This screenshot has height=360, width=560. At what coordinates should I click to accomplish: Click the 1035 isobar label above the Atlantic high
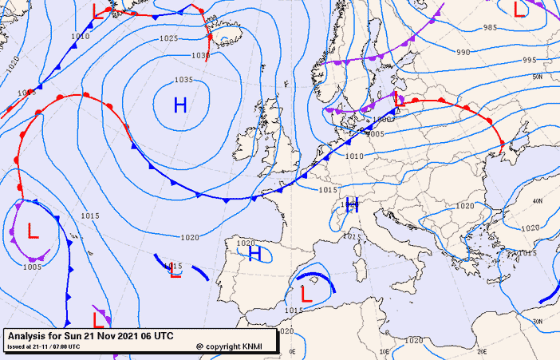pos(183,80)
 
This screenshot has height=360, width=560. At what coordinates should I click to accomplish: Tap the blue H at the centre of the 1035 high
pos(180,104)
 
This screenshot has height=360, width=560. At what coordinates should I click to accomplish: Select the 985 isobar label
pos(490,28)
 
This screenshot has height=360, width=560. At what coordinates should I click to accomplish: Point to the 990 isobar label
pos(463,52)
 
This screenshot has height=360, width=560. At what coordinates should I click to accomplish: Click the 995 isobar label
pos(530,60)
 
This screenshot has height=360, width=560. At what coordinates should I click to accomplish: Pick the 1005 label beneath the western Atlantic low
pos(32,267)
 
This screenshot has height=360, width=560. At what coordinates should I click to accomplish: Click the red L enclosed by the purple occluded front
pos(33,231)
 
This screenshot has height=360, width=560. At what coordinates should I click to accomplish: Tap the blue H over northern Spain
pos(254,254)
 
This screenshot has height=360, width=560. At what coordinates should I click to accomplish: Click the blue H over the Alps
pos(351,205)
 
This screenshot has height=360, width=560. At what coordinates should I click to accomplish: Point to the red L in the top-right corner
pos(519,10)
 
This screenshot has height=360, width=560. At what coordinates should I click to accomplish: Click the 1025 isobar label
pos(168,38)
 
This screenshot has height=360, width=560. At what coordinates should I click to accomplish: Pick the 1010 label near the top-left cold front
pos(80,36)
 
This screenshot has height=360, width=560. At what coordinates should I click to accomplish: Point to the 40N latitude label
pos(537,201)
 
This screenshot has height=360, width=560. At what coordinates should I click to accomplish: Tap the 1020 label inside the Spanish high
pos(246,243)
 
